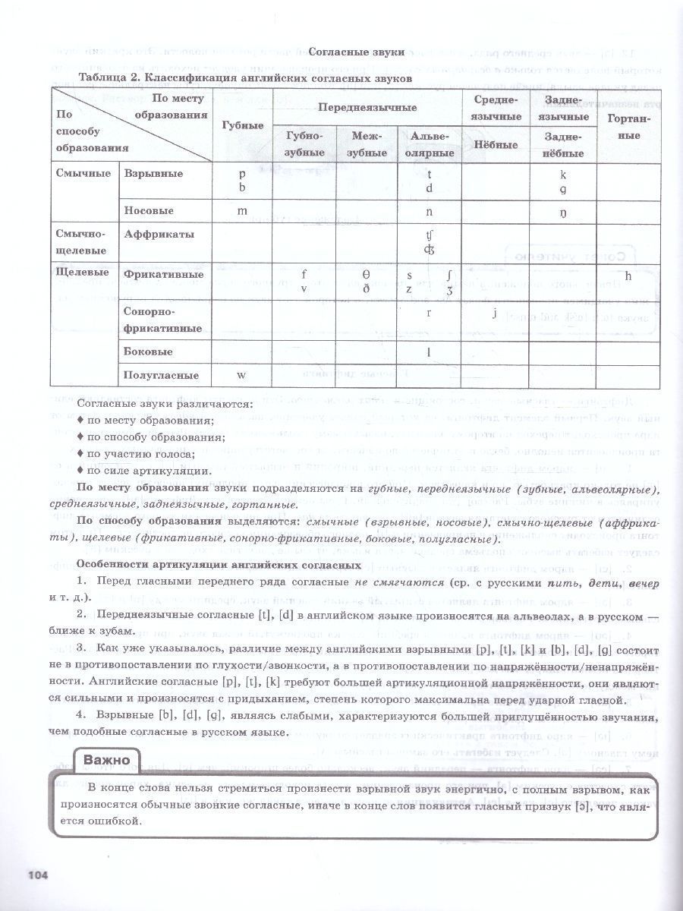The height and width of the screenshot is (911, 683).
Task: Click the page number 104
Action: [38, 875]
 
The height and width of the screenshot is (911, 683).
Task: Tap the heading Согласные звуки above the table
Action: [356, 52]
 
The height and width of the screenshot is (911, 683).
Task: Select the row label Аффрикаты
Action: [158, 235]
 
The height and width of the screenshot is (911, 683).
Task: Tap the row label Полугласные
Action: [161, 375]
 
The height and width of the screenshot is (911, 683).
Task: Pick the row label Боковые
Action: [148, 351]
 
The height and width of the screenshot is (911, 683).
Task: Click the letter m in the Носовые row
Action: [243, 210]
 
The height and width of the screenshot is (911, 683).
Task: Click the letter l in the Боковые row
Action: [429, 351]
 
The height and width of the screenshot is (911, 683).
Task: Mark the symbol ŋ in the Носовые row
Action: [562, 212]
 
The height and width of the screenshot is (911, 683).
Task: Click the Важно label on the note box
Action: [106, 759]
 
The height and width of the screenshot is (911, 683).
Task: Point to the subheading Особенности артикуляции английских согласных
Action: [218, 566]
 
